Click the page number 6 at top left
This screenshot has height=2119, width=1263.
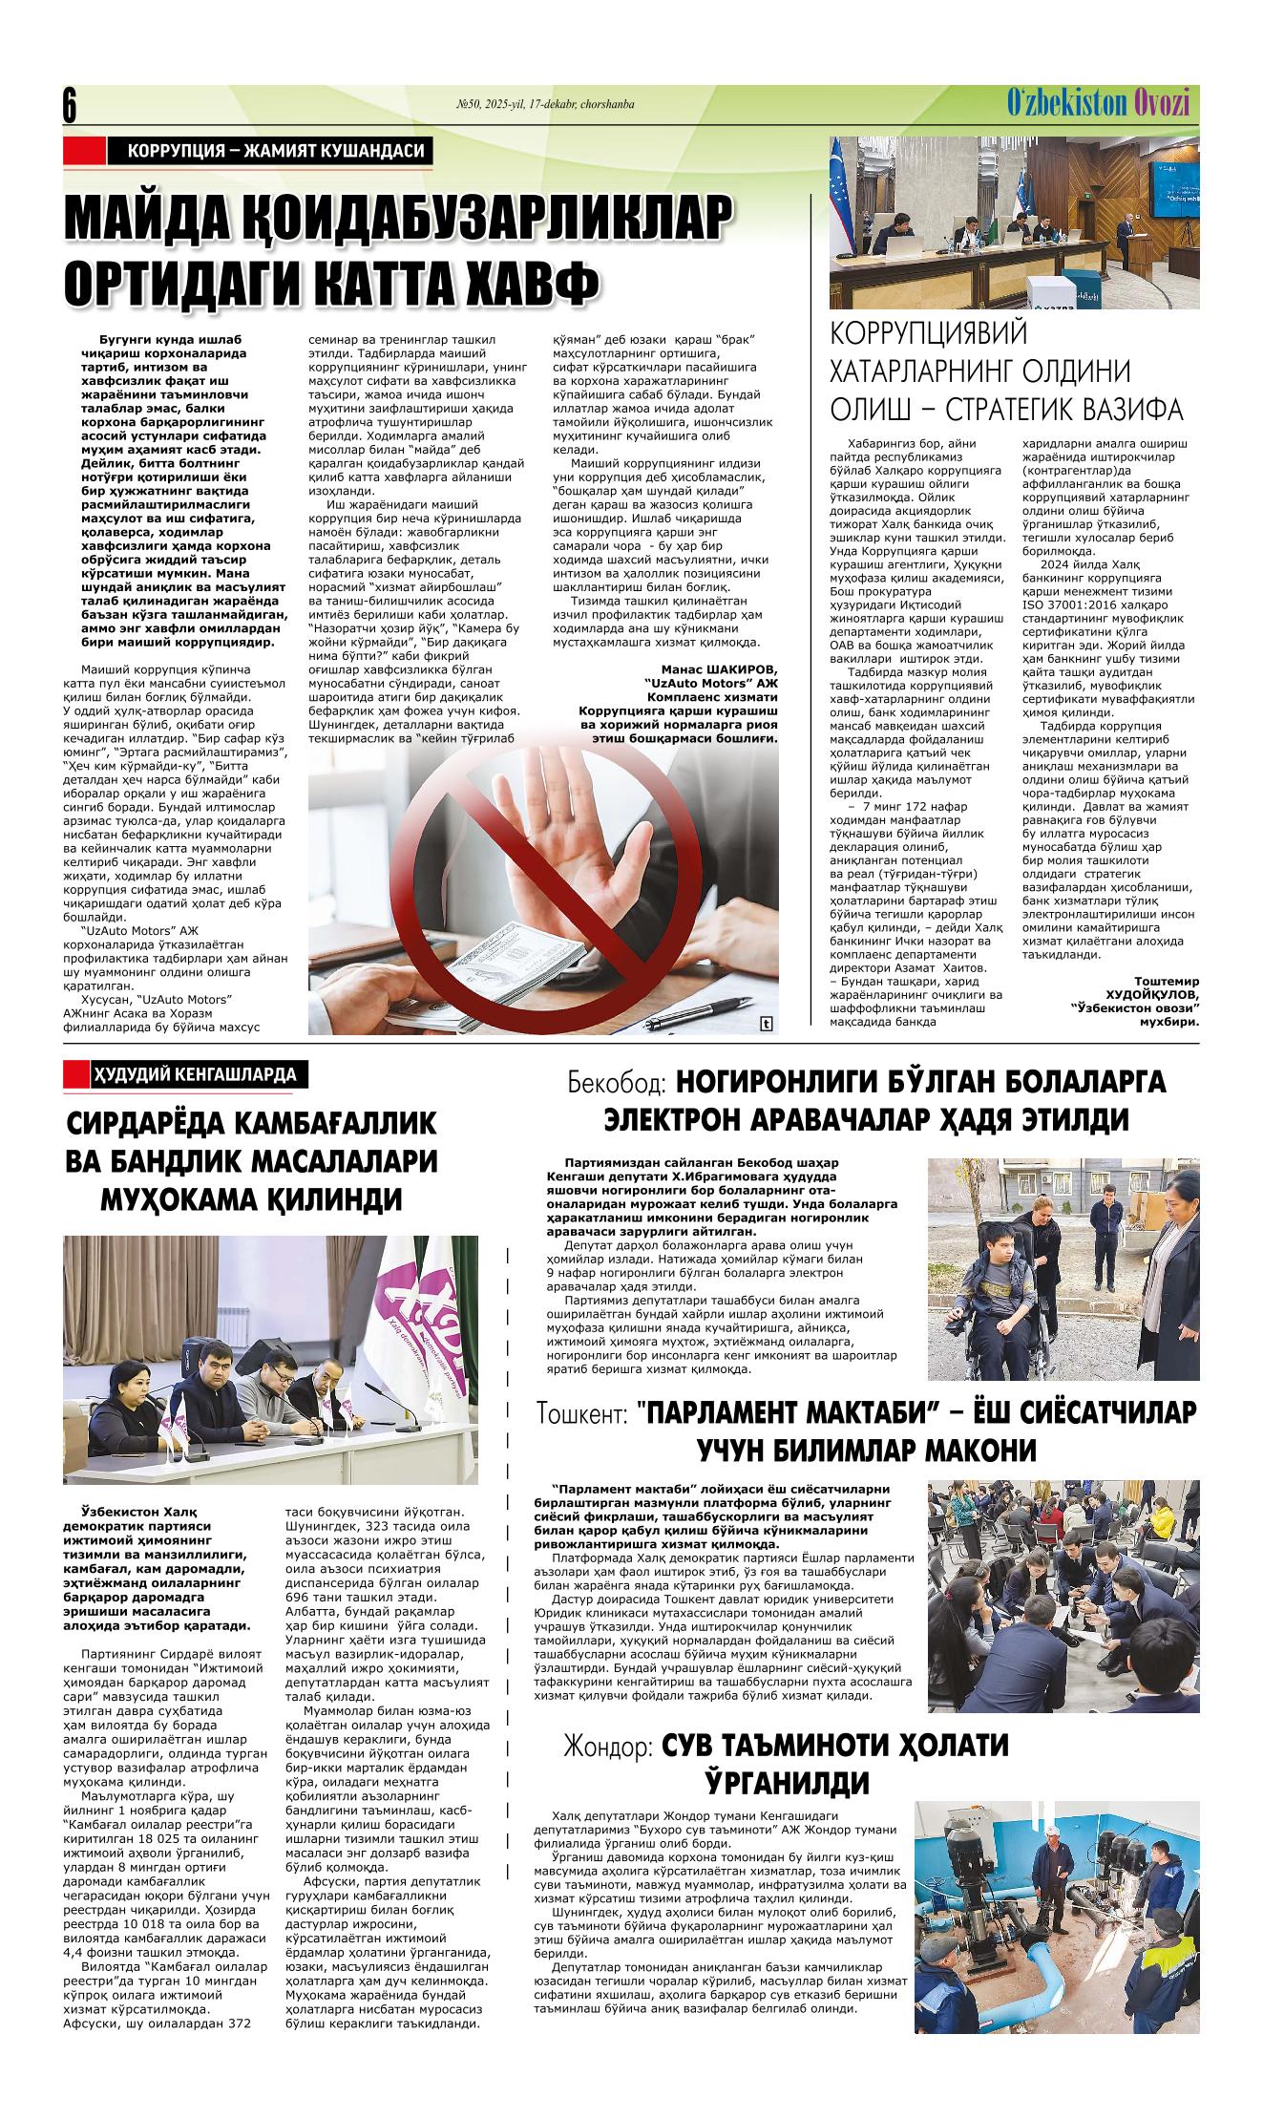pyautogui.click(x=69, y=105)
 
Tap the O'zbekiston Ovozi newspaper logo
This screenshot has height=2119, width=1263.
pyautogui.click(x=1097, y=102)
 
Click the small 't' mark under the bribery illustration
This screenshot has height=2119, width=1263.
pyautogui.click(x=766, y=1025)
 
